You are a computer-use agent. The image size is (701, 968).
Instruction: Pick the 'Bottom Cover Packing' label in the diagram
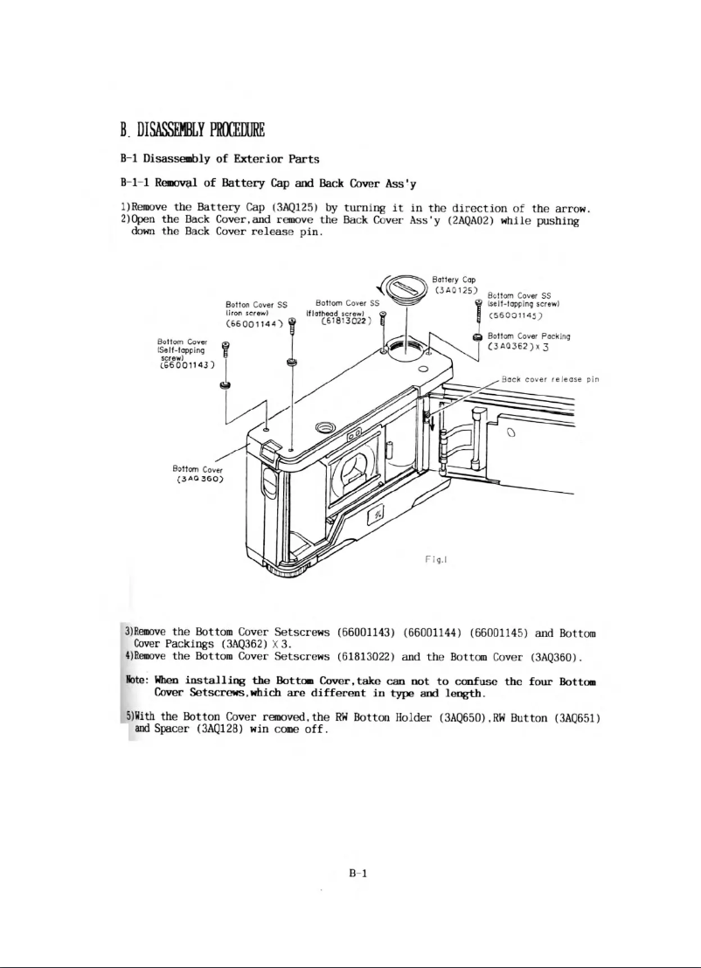(529, 335)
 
